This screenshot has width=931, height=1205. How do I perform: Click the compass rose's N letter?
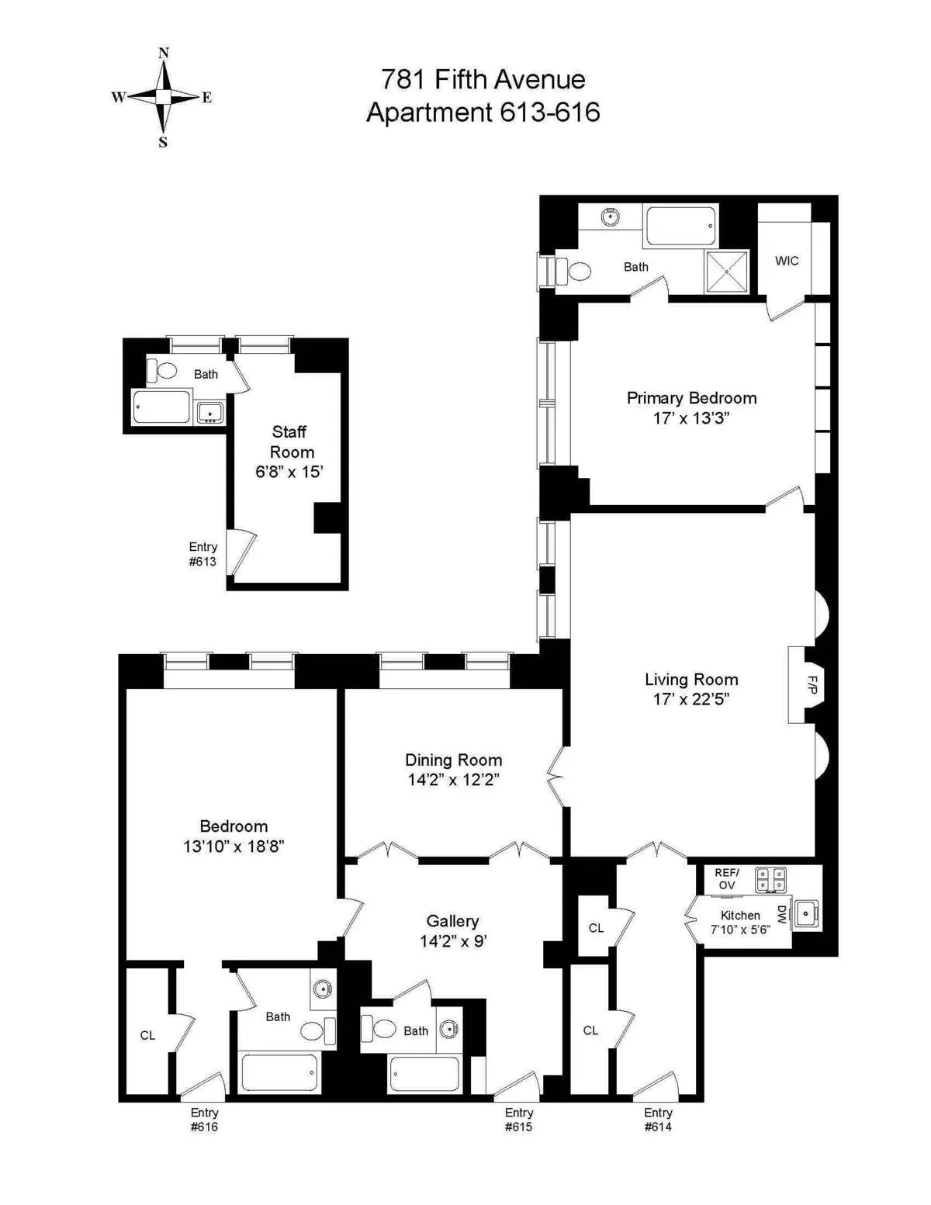[163, 54]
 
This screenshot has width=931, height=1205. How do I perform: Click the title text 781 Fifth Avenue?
[483, 79]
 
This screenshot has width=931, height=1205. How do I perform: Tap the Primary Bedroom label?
[691, 398]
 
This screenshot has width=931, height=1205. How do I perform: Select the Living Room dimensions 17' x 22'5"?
[690, 699]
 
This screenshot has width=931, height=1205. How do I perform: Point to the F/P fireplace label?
[812, 685]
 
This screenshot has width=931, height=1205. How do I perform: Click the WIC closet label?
[786, 261]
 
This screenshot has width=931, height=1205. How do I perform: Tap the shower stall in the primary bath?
[727, 272]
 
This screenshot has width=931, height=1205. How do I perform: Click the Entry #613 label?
[202, 554]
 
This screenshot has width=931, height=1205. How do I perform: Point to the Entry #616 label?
[204, 1120]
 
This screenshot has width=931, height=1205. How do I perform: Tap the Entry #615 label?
[518, 1120]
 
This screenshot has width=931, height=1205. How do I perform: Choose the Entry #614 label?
[657, 1120]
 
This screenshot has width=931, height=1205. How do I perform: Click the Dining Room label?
[453, 760]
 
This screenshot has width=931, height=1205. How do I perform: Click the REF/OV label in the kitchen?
[726, 879]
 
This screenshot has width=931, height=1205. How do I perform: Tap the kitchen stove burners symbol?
[770, 879]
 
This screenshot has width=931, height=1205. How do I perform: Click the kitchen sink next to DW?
[807, 914]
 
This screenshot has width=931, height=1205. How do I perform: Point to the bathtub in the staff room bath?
[161, 407]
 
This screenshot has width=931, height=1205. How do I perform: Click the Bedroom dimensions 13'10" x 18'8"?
[234, 847]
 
